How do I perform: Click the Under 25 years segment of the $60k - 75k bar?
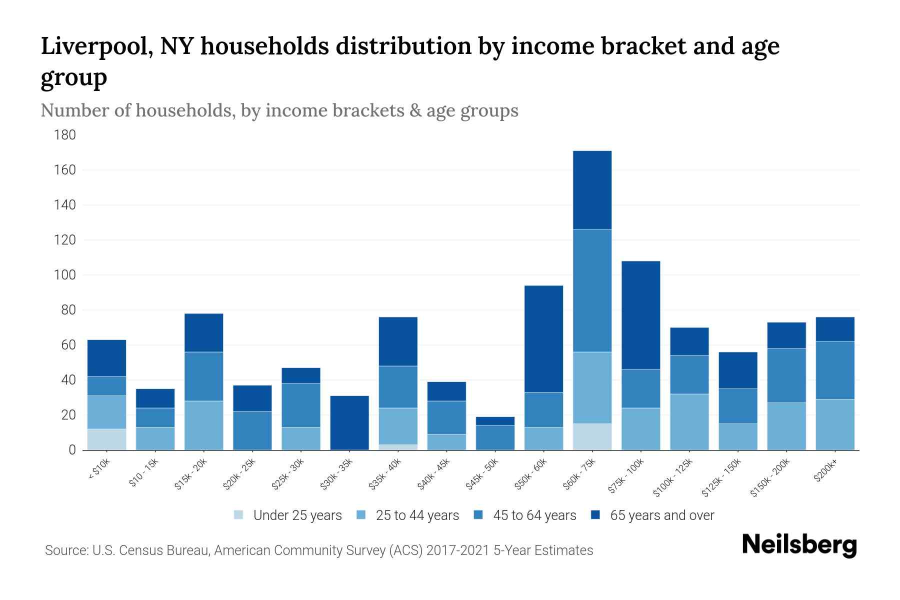click(x=592, y=436)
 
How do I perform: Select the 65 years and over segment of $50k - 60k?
click(x=543, y=338)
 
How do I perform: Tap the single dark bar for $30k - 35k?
click(x=349, y=422)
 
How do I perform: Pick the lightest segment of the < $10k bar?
click(x=106, y=439)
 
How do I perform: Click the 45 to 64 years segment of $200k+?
click(x=835, y=370)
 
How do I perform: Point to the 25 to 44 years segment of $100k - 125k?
click(x=689, y=421)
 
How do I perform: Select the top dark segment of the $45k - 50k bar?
click(x=495, y=421)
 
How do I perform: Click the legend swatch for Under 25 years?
click(x=239, y=515)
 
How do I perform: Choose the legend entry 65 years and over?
click(x=662, y=515)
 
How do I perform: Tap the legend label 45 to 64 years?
click(x=534, y=515)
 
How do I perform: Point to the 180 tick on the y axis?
click(x=65, y=135)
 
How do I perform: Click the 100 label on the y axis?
click(x=65, y=275)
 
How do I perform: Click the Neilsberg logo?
click(x=799, y=545)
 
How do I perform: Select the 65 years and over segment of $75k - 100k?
click(x=640, y=315)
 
